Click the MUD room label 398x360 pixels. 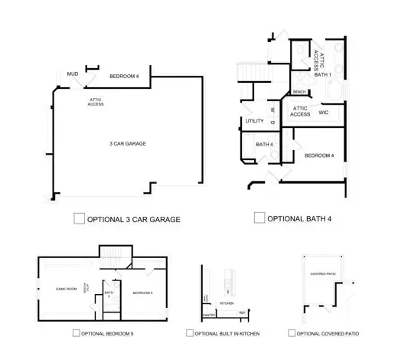[73, 74]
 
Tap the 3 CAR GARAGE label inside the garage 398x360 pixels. [127, 144]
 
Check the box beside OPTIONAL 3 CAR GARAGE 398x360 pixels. [79, 218]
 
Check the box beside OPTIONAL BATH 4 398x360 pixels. [259, 218]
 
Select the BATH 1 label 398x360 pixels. [322, 75]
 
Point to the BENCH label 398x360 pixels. [299, 93]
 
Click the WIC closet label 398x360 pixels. [323, 112]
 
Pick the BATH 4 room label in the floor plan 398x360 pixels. [264, 145]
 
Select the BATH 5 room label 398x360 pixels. [109, 294]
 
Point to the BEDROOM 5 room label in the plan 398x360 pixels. [143, 293]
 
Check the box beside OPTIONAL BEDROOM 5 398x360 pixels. [76, 333]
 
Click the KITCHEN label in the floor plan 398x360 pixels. [227, 304]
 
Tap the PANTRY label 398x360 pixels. [208, 315]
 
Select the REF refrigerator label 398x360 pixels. [242, 313]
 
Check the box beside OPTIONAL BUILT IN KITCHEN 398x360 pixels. [189, 333]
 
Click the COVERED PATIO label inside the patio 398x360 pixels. [323, 273]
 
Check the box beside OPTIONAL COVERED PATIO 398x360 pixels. [292, 333]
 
